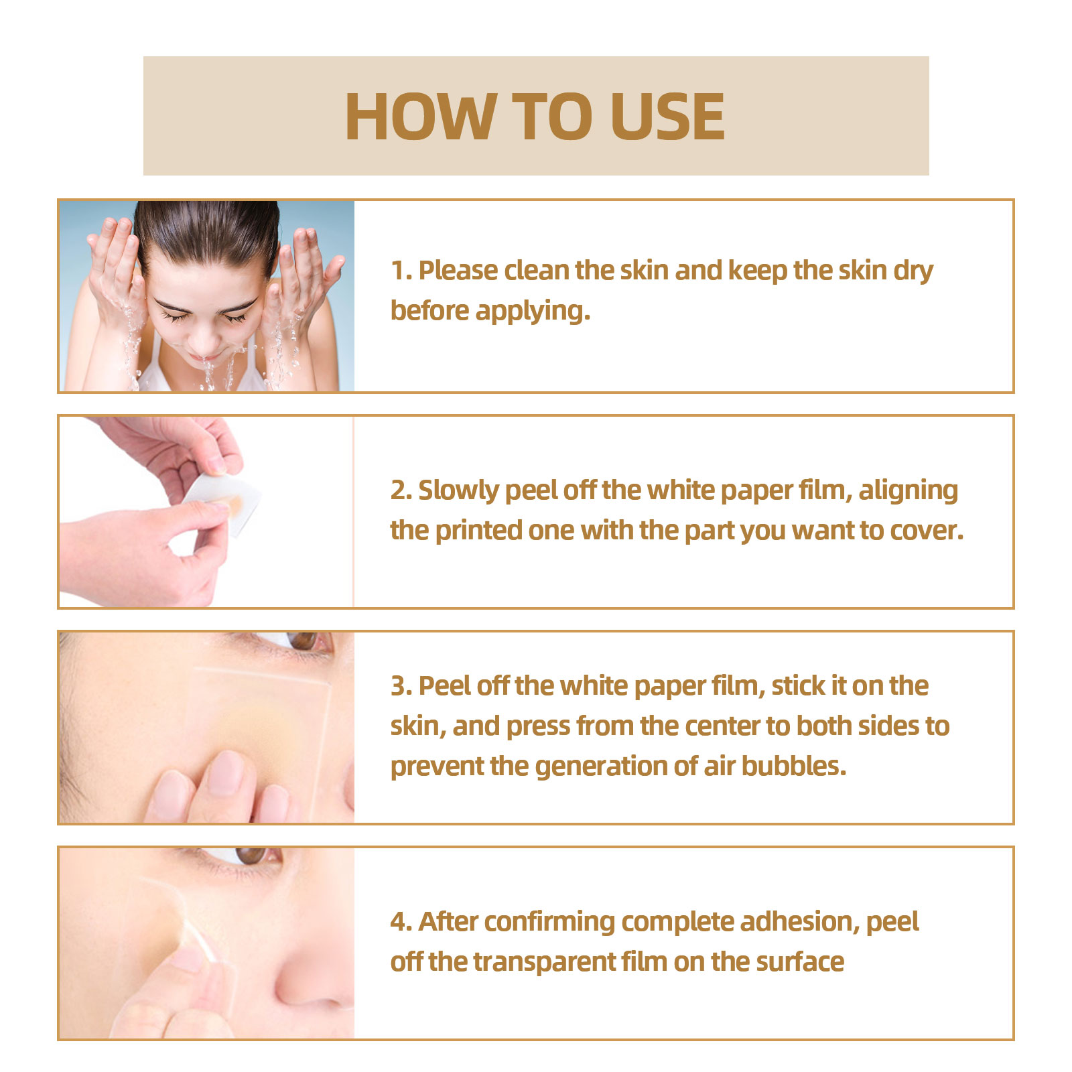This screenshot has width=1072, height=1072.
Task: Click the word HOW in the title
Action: click(x=419, y=117)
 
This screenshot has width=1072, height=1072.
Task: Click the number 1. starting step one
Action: click(x=401, y=271)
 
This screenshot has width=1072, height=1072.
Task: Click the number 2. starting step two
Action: click(x=401, y=490)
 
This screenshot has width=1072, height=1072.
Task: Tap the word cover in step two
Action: click(x=927, y=531)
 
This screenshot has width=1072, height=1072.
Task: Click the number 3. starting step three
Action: click(x=401, y=686)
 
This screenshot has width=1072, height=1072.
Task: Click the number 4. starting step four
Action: click(x=401, y=922)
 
